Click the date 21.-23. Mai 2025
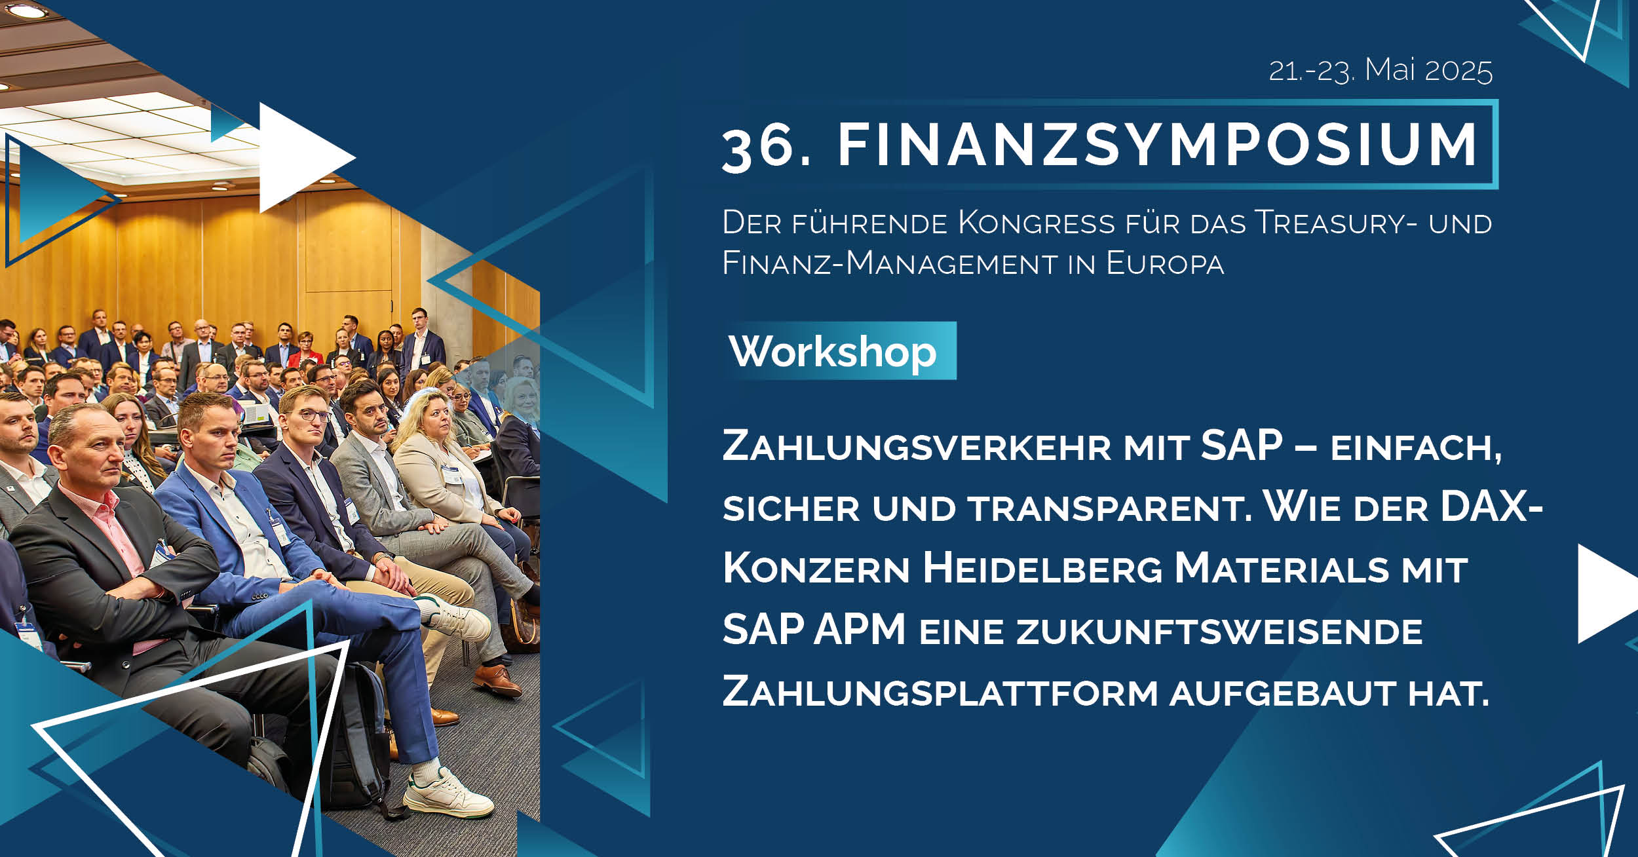pyautogui.click(x=1381, y=70)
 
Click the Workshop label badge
pyautogui.click(x=840, y=351)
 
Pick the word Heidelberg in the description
pyautogui.click(x=1042, y=568)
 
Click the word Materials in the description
pyautogui.click(x=1281, y=568)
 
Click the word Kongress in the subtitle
pyautogui.click(x=1037, y=223)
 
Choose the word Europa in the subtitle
pyautogui.click(x=1165, y=263)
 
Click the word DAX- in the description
pyautogui.click(x=1491, y=506)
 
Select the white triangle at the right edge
pyautogui.click(x=1608, y=594)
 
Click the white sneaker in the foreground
pyautogui.click(x=449, y=793)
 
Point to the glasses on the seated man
pyautogui.click(x=306, y=415)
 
